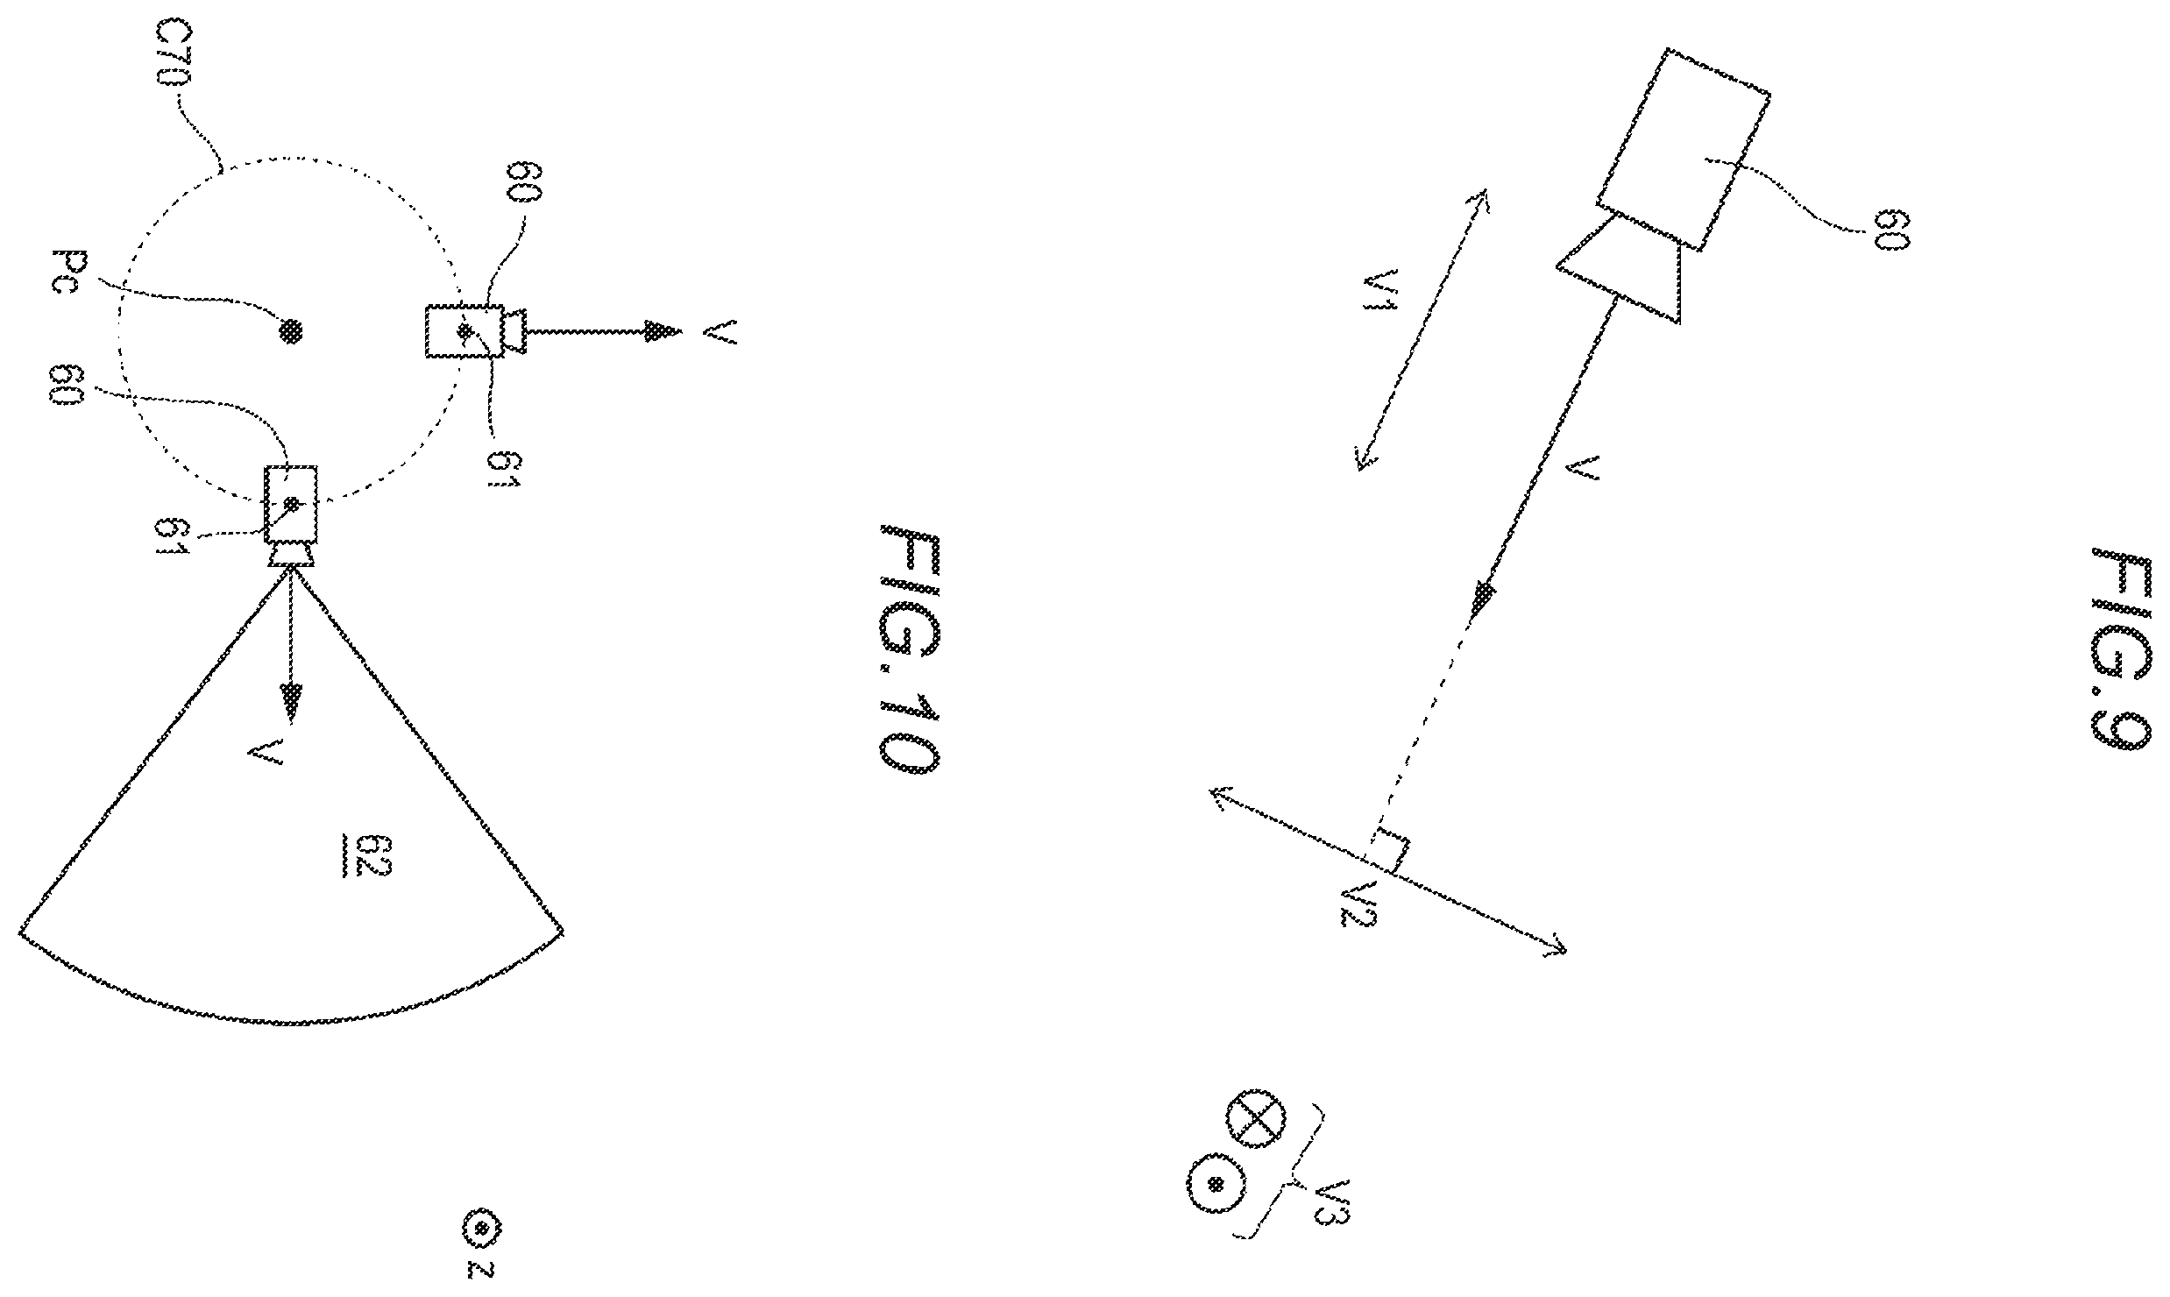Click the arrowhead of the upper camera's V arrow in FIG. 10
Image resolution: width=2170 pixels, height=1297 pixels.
pyautogui.click(x=663, y=331)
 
